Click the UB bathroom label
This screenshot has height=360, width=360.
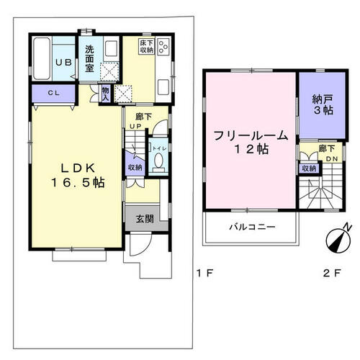click(63, 63)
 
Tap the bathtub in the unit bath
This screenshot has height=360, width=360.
click(42, 58)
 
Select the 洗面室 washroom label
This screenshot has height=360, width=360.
click(89, 59)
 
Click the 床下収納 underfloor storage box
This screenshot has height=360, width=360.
click(147, 46)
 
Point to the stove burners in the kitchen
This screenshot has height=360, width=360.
click(163, 46)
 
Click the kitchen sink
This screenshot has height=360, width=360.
click(163, 87)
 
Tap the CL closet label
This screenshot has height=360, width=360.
click(54, 93)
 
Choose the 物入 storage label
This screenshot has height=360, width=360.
click(106, 94)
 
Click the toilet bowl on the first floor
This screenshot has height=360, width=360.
click(158, 161)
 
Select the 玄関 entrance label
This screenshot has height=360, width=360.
click(145, 219)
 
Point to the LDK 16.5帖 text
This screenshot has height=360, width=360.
click(78, 176)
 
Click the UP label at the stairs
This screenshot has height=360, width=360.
click(135, 126)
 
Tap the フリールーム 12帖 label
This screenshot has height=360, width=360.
click(251, 142)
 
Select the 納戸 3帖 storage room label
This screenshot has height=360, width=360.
click(323, 104)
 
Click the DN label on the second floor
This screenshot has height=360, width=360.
click(332, 159)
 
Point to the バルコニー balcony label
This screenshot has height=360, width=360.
click(252, 227)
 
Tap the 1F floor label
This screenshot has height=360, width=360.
click(204, 273)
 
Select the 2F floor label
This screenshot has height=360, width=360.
click(332, 273)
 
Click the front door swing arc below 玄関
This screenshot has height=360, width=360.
click(145, 248)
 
